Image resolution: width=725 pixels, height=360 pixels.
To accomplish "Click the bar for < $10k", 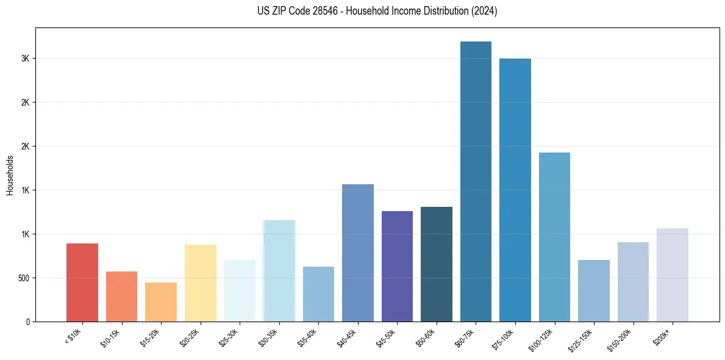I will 82,283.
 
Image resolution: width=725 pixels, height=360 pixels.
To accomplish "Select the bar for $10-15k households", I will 121,297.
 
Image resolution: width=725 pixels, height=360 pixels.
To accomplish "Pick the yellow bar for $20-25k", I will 201,283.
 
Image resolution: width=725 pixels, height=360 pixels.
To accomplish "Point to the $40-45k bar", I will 358,253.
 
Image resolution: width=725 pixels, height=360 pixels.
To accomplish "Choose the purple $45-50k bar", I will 397,266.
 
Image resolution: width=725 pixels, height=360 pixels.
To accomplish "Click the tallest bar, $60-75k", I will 476,181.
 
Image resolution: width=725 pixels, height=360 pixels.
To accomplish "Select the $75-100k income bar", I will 515,190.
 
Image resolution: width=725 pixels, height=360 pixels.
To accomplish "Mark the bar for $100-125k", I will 554,237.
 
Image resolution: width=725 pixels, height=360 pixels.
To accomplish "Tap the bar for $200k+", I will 673,275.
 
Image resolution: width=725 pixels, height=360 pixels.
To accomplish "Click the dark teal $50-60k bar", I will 437,264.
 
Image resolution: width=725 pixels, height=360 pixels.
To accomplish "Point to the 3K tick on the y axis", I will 26,59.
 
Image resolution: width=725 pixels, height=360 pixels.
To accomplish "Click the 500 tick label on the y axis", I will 23,278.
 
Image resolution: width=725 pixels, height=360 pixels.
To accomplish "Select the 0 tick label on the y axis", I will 28,322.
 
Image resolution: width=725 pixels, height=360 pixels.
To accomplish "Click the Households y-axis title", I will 10,175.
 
